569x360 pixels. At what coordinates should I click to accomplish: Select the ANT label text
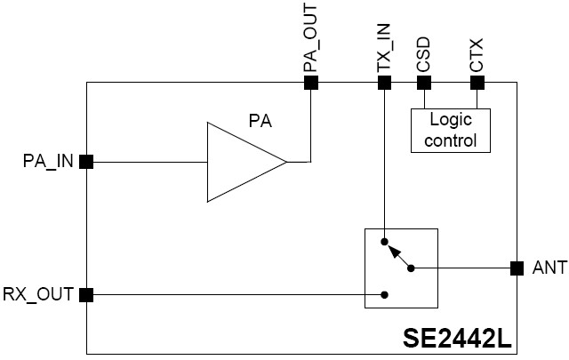[549, 268]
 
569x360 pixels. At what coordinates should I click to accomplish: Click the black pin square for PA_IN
[86, 162]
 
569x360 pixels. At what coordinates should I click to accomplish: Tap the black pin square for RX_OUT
[86, 294]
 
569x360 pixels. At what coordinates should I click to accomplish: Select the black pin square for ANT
[517, 268]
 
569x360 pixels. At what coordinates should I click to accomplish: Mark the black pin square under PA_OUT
[311, 83]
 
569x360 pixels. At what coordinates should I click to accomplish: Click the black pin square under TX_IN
[384, 83]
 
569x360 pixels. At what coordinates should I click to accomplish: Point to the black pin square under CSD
[424, 83]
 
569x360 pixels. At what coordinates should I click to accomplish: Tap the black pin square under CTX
[477, 83]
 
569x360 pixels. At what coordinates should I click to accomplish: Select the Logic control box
[453, 130]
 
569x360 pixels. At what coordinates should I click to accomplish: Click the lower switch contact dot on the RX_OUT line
[384, 294]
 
